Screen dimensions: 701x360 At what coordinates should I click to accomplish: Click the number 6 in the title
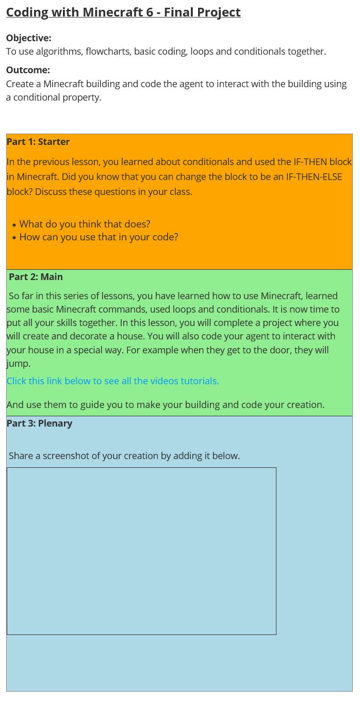pos(149,12)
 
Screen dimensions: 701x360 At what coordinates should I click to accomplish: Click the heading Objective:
pos(28,38)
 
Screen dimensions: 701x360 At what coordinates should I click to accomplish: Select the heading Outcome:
pos(28,70)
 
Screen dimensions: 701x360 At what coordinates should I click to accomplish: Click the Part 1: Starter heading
pos(38,141)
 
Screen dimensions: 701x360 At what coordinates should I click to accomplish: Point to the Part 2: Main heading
pos(36,276)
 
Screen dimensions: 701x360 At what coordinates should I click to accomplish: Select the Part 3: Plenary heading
pos(39,423)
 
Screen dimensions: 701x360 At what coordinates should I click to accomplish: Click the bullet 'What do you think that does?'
pos(85,224)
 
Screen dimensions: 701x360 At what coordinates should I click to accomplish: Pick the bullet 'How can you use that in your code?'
pos(99,237)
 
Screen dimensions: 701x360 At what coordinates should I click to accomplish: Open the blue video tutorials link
pos(112,381)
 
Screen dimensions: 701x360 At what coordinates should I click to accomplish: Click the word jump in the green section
pos(17,363)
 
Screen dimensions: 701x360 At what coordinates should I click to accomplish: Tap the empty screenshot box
pos(141,551)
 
